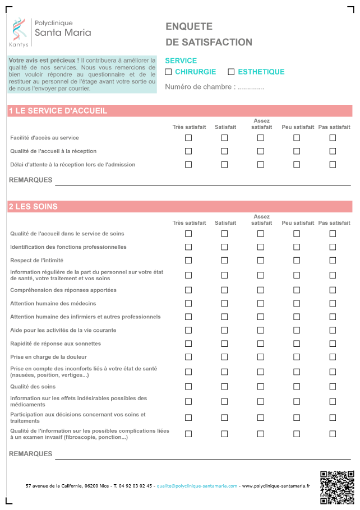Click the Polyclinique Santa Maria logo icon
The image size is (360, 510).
click(19, 30)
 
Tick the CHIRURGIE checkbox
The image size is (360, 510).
click(168, 72)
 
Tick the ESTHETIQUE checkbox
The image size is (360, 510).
click(231, 72)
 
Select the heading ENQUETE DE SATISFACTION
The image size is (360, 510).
click(209, 34)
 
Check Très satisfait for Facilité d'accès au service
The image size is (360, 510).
click(188, 138)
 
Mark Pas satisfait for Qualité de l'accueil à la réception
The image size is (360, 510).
click(333, 151)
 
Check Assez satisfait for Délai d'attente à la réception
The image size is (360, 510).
click(261, 165)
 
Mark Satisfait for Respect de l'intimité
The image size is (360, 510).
click(224, 261)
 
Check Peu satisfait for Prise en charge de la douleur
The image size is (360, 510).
click(297, 357)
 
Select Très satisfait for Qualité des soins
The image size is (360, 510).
click(188, 387)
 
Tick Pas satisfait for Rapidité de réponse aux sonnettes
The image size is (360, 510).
click(333, 344)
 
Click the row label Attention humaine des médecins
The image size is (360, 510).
click(53, 303)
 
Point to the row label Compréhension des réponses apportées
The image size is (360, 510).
click(63, 290)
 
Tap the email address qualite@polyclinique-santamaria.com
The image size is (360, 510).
click(197, 486)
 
